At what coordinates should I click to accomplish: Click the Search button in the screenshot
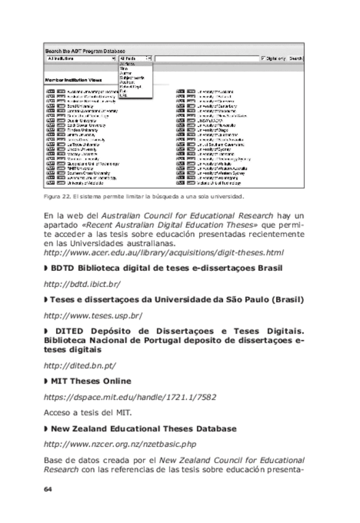(x=296, y=59)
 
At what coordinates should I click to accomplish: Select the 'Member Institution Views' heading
(x=73, y=80)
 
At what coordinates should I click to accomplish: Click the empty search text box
(x=207, y=59)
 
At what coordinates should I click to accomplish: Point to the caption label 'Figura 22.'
(x=57, y=197)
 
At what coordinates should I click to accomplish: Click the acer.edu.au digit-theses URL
(x=164, y=252)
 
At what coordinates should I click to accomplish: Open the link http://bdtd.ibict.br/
(x=82, y=284)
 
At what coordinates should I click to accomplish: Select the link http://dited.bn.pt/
(x=80, y=365)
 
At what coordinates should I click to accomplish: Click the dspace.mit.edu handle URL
(x=130, y=397)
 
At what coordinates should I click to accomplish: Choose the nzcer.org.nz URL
(x=120, y=443)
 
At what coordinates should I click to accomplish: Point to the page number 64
(x=48, y=489)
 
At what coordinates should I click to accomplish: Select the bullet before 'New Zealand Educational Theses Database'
(x=46, y=428)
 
